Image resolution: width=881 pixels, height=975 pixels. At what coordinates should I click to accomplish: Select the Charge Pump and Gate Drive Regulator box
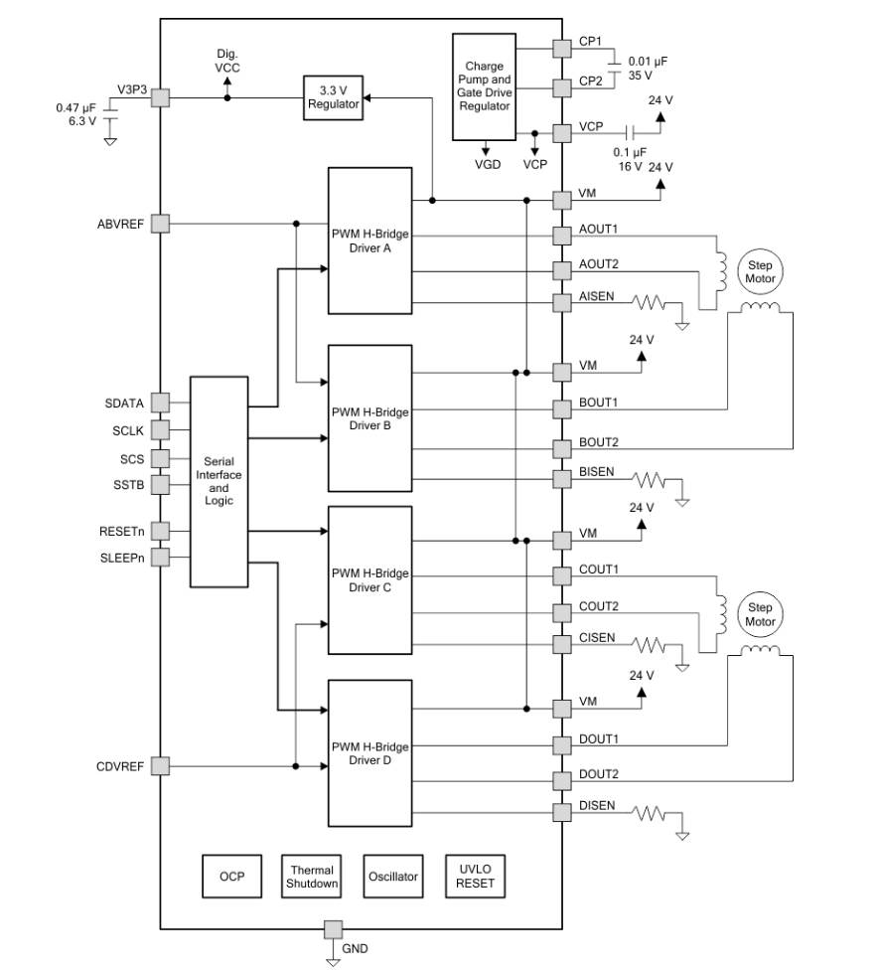(485, 85)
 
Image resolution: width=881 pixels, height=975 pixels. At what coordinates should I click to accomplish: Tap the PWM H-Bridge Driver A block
(369, 239)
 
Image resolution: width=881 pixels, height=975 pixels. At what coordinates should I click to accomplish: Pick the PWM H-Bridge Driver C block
(369, 580)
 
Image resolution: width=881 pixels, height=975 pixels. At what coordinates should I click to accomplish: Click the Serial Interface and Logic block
(218, 481)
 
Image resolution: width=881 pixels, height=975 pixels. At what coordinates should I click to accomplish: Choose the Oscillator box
(392, 876)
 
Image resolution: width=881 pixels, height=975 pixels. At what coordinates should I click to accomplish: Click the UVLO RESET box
(474, 876)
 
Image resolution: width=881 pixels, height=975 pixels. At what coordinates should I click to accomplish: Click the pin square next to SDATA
(160, 404)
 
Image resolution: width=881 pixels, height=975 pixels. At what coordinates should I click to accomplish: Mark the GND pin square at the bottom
(333, 929)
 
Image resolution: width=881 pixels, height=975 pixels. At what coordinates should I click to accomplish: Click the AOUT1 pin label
(599, 229)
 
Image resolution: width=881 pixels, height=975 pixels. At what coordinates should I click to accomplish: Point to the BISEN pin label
(598, 472)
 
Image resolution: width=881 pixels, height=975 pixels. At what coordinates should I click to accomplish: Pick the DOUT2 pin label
(600, 774)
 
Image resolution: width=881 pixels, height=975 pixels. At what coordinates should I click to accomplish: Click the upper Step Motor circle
(759, 271)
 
